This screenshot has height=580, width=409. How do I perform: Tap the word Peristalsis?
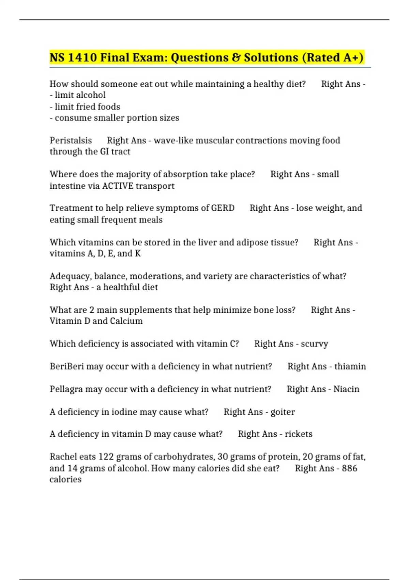(x=71, y=140)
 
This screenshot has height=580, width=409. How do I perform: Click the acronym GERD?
(x=223, y=208)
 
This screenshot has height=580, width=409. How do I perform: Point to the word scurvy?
(x=314, y=344)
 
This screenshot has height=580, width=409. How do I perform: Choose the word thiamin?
(x=350, y=366)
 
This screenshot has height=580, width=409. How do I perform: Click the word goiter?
(x=283, y=412)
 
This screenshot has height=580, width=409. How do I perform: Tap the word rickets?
(x=299, y=434)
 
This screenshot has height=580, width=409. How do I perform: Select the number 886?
(x=349, y=468)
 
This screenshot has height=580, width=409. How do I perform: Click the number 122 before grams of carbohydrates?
(x=106, y=456)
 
